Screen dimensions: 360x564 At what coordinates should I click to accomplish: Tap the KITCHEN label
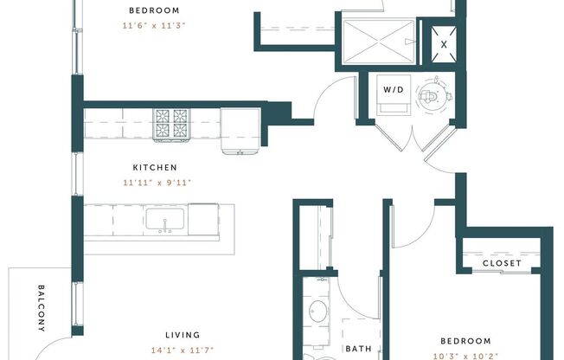(x=155, y=167)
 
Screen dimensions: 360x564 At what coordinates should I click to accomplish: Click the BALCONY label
(x=41, y=308)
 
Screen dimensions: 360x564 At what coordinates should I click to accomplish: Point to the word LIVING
(x=183, y=335)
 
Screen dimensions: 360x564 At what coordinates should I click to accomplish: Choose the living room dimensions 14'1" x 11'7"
(x=183, y=350)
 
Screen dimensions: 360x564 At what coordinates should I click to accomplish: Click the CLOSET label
(x=502, y=263)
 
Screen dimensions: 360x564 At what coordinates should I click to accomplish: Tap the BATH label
(x=358, y=350)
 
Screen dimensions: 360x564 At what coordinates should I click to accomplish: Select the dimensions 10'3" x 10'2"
(x=465, y=355)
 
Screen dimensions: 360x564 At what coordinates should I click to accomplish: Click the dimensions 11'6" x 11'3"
(x=153, y=26)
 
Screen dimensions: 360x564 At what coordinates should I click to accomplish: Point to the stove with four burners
(x=172, y=124)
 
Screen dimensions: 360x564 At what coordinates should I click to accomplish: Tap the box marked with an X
(x=444, y=42)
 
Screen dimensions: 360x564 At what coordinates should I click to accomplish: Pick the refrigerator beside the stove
(x=239, y=130)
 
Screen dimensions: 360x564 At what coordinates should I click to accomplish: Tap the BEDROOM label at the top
(x=153, y=10)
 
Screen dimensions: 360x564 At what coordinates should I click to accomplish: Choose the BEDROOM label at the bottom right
(x=465, y=341)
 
